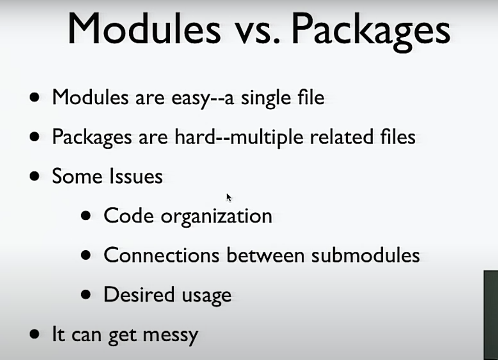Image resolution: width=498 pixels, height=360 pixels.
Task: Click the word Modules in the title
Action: click(144, 29)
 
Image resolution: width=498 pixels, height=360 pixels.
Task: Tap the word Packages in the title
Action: click(371, 31)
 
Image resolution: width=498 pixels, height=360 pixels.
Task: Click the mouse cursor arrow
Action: click(229, 197)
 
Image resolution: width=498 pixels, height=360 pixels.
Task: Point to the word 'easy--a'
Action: click(203, 98)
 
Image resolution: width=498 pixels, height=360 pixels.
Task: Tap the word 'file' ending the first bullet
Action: click(311, 97)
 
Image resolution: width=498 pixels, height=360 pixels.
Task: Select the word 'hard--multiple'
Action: click(239, 138)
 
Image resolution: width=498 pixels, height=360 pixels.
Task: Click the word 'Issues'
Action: click(136, 176)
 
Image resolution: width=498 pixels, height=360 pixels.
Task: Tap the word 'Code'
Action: click(128, 216)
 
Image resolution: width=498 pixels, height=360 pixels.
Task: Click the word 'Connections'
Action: click(161, 255)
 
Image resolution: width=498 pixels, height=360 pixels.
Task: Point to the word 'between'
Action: click(265, 255)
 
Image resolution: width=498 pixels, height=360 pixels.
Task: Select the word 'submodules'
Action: click(365, 255)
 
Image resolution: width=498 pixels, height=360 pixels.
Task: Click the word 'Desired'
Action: click(139, 295)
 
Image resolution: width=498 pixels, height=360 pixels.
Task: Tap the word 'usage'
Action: click(207, 296)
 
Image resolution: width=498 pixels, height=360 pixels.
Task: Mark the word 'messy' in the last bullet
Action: click(171, 336)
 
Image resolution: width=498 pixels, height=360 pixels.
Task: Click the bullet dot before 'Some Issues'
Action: click(34, 176)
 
